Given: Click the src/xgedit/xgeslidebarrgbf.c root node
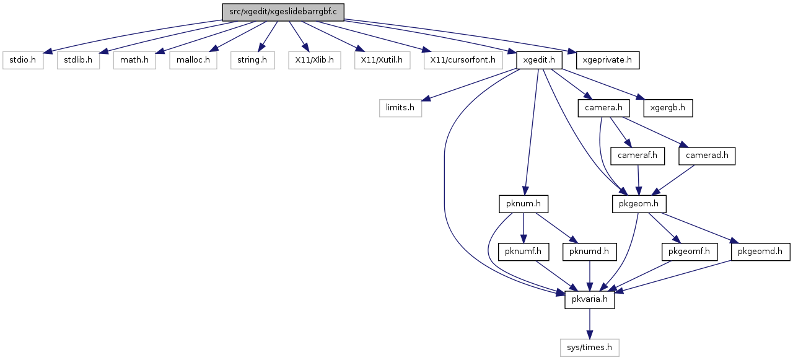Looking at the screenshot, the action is pyautogui.click(x=283, y=12).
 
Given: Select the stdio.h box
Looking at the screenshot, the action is pyautogui.click(x=23, y=60).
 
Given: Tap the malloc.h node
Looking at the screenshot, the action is pyautogui.click(x=193, y=60).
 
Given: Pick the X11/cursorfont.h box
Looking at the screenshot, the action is pyautogui.click(x=463, y=60).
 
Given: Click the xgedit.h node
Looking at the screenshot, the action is pyautogui.click(x=539, y=60).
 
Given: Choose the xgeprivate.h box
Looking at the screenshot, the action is pyautogui.click(x=608, y=60).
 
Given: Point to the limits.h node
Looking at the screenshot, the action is pyautogui.click(x=400, y=108).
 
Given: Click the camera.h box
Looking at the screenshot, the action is pyautogui.click(x=603, y=108).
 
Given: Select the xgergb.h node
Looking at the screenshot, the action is pyautogui.click(x=668, y=108).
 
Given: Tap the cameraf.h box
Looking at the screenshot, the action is pyautogui.click(x=637, y=156).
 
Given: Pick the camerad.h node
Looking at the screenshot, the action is pyautogui.click(x=707, y=156).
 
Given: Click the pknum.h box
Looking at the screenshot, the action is pyautogui.click(x=524, y=204).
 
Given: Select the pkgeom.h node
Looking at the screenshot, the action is pyautogui.click(x=639, y=204).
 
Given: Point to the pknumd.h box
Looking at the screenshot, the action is pyautogui.click(x=589, y=252).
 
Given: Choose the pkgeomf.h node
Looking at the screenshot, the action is pyautogui.click(x=690, y=252).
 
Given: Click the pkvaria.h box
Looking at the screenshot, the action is pyautogui.click(x=589, y=299).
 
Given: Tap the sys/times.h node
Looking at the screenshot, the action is pyautogui.click(x=589, y=348).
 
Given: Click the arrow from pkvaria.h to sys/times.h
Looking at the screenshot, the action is pyautogui.click(x=589, y=323).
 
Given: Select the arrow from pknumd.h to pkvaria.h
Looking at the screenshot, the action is pyautogui.click(x=589, y=276).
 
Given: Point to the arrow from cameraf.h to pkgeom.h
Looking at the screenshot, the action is pyautogui.click(x=638, y=180).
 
